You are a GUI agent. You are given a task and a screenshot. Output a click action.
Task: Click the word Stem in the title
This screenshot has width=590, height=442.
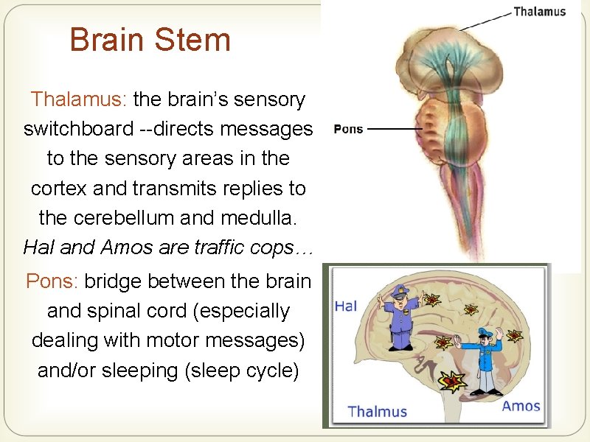click(198, 40)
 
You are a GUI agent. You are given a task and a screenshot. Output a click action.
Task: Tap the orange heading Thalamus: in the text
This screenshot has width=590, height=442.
click(79, 99)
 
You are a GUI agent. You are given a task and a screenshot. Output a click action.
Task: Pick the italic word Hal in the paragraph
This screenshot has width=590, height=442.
click(38, 248)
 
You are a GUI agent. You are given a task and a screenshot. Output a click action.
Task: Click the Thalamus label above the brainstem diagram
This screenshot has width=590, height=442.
click(539, 11)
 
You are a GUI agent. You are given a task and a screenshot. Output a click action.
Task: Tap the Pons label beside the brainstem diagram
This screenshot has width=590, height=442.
click(348, 129)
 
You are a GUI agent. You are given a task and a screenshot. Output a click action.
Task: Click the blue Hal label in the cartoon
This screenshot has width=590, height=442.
click(346, 305)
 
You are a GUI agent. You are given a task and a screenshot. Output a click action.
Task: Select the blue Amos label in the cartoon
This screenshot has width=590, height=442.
click(521, 406)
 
